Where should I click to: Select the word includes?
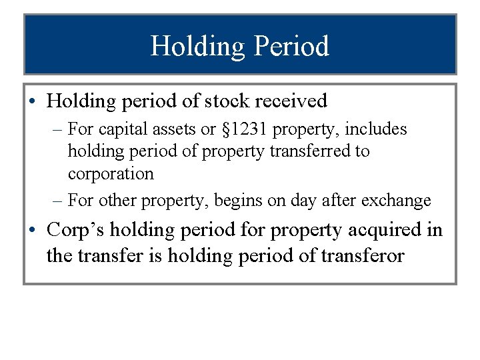coord(377,129)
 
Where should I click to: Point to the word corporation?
coord(111,174)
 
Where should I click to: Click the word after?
coord(343,200)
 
